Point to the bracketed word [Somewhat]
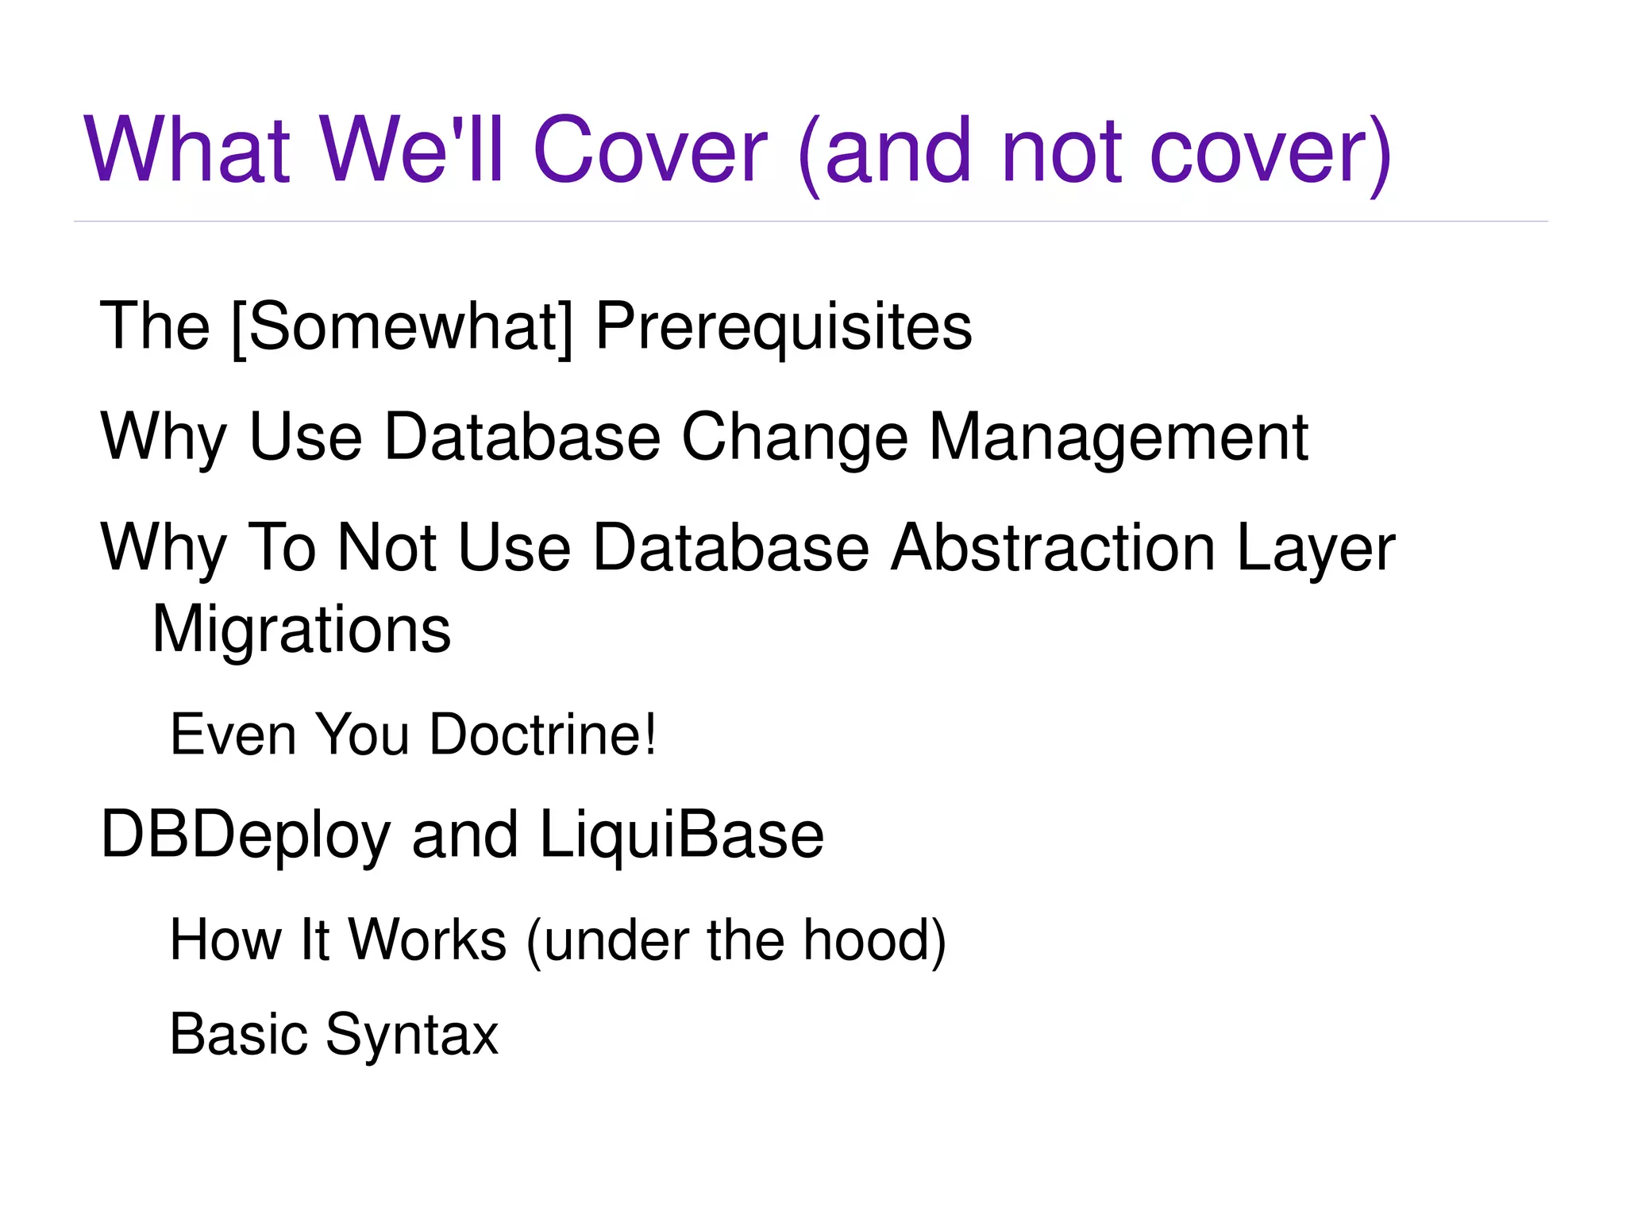(x=402, y=326)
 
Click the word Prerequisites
(x=783, y=326)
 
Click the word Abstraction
(x=1053, y=547)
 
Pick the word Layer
(x=1315, y=547)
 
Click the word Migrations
(x=301, y=629)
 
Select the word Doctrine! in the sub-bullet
(x=543, y=735)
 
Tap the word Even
(x=233, y=735)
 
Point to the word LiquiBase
(x=681, y=835)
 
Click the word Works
(x=427, y=940)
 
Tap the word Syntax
(x=411, y=1035)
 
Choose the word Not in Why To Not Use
(x=387, y=547)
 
